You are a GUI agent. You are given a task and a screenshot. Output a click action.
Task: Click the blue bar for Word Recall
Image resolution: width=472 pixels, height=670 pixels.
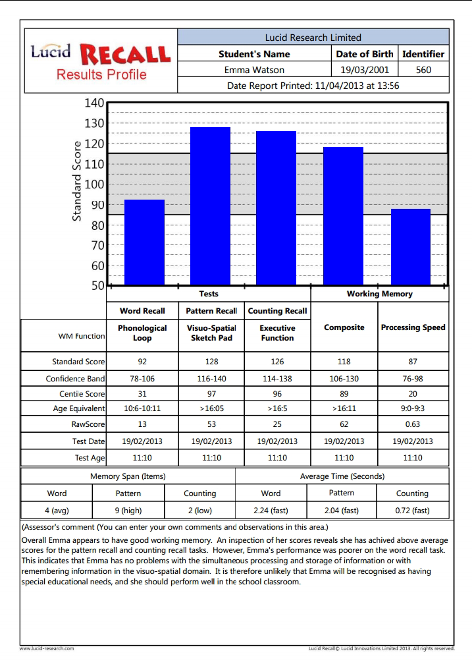[144, 242]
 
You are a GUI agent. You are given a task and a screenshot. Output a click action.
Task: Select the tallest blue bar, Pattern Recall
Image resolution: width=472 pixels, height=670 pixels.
[210, 206]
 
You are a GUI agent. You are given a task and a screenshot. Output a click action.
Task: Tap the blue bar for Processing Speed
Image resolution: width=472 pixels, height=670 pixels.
[411, 247]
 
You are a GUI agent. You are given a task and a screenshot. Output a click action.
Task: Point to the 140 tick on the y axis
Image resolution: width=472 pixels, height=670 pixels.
[94, 103]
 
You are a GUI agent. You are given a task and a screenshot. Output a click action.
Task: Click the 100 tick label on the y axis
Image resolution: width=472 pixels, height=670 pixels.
[94, 184]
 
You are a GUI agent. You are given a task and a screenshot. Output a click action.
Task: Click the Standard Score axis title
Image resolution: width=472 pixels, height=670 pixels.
[76, 181]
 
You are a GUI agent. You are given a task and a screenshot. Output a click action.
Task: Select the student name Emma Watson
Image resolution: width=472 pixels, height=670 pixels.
[254, 70]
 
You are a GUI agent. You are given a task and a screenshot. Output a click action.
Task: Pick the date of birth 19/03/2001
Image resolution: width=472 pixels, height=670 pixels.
[365, 70]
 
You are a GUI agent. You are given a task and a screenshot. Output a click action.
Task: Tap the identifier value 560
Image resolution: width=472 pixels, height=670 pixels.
[423, 70]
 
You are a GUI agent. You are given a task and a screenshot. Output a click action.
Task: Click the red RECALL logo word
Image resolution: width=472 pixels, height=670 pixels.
[126, 55]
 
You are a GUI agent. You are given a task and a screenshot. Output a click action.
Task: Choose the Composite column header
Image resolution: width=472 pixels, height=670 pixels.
[344, 327]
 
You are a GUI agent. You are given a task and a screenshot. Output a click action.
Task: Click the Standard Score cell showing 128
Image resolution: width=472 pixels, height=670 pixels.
[211, 362]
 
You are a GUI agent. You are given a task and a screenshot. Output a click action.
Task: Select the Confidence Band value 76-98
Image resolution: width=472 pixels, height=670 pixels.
[413, 379]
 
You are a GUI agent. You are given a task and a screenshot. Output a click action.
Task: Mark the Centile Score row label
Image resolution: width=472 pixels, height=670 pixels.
[82, 394]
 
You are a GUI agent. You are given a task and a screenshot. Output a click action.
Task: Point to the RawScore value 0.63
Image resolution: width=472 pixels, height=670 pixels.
[413, 424]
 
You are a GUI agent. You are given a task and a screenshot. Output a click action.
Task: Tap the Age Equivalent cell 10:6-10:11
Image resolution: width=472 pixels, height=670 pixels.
[142, 408]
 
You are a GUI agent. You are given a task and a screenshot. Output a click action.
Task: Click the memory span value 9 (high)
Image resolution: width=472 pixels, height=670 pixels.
[128, 510]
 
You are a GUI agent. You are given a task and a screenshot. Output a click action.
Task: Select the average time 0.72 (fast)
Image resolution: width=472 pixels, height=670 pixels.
[412, 510]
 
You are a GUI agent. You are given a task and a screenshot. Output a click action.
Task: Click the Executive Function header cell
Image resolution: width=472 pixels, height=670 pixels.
[277, 333]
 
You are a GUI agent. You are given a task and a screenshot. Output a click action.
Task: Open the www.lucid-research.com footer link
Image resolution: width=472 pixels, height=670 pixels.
[47, 649]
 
